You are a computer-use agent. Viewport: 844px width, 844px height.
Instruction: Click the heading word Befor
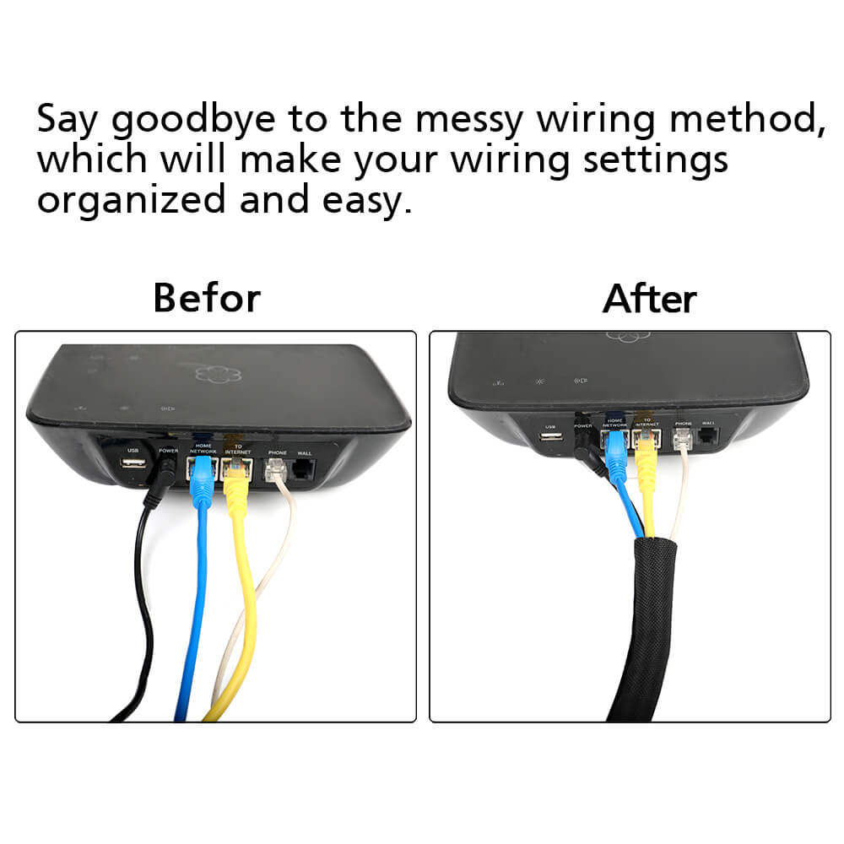(207, 298)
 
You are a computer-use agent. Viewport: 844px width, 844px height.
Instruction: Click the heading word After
(650, 299)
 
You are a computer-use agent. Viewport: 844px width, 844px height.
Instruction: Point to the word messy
(481, 120)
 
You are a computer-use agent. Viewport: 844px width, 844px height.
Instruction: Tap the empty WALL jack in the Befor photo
(303, 470)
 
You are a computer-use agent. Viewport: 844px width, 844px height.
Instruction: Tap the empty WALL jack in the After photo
(708, 437)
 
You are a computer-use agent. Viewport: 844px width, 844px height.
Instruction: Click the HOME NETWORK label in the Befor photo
(203, 448)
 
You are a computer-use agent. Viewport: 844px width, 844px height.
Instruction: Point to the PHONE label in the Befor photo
(277, 453)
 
